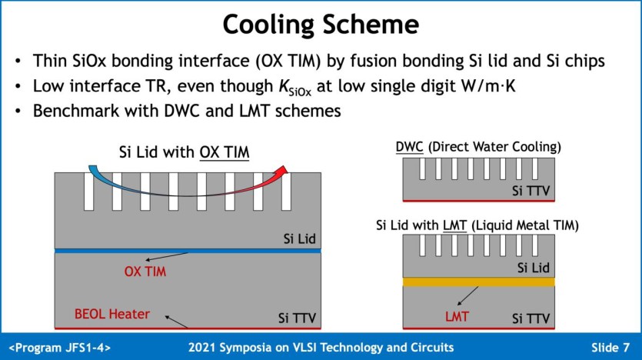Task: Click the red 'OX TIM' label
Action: [x=145, y=272]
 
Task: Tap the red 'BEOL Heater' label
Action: [x=112, y=314]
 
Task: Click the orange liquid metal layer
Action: [x=478, y=282]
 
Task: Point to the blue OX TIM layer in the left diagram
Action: [x=188, y=251]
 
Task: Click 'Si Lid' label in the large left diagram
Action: [x=298, y=238]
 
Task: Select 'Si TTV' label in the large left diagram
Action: [x=296, y=317]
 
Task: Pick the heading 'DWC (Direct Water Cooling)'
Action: [x=478, y=146]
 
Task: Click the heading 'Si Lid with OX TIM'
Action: [x=185, y=153]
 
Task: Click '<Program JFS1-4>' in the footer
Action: [x=60, y=347]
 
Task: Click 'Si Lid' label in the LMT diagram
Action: [x=532, y=268]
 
